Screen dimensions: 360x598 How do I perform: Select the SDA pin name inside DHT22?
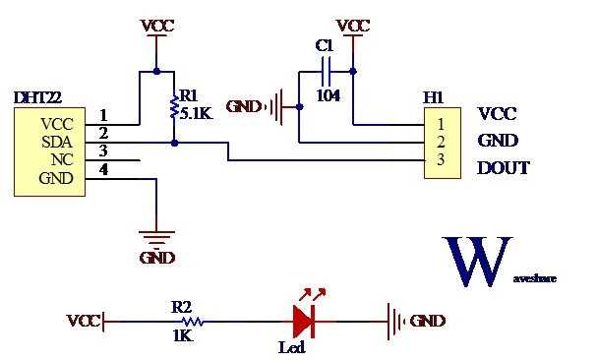click(x=55, y=142)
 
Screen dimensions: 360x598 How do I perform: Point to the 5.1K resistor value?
click(x=195, y=114)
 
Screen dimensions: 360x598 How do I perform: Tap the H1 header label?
click(x=434, y=98)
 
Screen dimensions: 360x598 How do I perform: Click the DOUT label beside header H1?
click(x=504, y=168)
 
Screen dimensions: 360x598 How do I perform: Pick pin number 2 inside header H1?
click(x=441, y=142)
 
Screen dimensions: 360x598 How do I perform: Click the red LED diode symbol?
click(x=304, y=320)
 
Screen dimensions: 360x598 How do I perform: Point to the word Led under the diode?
click(x=292, y=347)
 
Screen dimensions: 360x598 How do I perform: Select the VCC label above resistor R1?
click(x=157, y=26)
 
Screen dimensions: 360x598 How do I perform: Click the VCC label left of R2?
click(x=83, y=321)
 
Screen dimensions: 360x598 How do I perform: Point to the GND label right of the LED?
click(x=427, y=321)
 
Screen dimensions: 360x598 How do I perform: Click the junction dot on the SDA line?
click(x=174, y=142)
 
